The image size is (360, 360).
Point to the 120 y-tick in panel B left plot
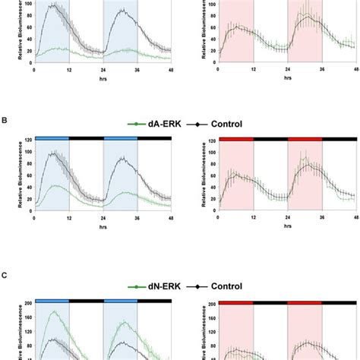click(x=27, y=140)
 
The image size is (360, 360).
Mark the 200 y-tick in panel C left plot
click(x=27, y=304)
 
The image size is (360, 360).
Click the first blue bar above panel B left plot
click(x=52, y=138)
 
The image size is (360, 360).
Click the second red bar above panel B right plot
click(x=305, y=138)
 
